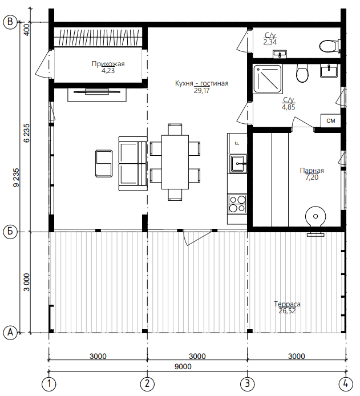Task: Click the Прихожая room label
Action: click(x=108, y=64)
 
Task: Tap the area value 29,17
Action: click(x=202, y=91)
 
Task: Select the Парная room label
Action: click(x=312, y=171)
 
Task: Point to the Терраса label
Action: click(x=288, y=304)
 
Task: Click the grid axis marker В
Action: click(x=10, y=22)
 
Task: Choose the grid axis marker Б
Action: click(x=10, y=231)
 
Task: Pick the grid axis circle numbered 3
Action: click(x=248, y=383)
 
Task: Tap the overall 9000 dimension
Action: click(x=183, y=366)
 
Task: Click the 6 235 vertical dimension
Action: click(x=26, y=133)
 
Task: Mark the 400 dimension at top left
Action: click(x=26, y=30)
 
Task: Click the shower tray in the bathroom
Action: click(x=268, y=79)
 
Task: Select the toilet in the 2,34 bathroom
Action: click(x=330, y=46)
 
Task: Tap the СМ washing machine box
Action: click(x=331, y=121)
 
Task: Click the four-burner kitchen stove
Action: click(x=237, y=204)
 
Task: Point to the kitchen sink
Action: click(x=238, y=164)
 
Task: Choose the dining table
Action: click(x=175, y=162)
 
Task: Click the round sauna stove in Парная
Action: click(x=315, y=216)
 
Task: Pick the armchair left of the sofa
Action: click(x=104, y=164)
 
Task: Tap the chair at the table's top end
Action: click(x=175, y=130)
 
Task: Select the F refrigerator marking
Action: click(x=237, y=143)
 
